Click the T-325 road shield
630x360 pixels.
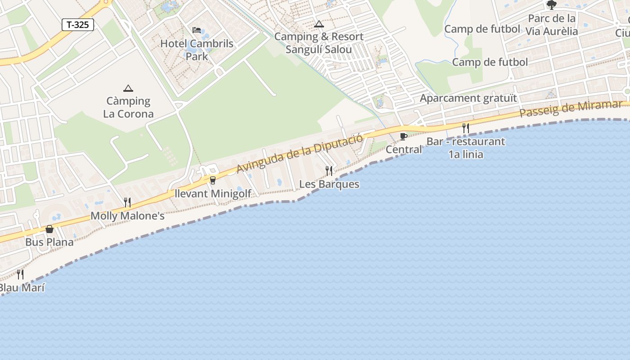point(78,25)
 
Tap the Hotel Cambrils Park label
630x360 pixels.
point(197,50)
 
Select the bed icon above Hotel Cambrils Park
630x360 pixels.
point(197,30)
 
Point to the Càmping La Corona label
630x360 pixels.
point(128,107)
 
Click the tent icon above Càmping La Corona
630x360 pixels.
point(128,88)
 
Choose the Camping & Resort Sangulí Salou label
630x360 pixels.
point(319,43)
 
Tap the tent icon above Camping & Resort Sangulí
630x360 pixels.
point(319,24)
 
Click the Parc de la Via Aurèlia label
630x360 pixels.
point(552,25)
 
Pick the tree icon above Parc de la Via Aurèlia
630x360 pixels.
point(551,5)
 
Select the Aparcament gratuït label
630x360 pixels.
point(468,98)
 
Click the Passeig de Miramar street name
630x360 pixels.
point(571,109)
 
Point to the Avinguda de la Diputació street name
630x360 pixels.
point(300,153)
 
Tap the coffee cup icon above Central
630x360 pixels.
point(404,136)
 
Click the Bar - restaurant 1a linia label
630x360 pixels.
point(466,148)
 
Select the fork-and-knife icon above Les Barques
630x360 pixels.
point(329,171)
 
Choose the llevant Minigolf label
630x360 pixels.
point(213,194)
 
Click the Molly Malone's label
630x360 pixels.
point(127,216)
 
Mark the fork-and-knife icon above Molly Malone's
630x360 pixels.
point(127,202)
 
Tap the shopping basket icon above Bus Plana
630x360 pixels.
point(49,229)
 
